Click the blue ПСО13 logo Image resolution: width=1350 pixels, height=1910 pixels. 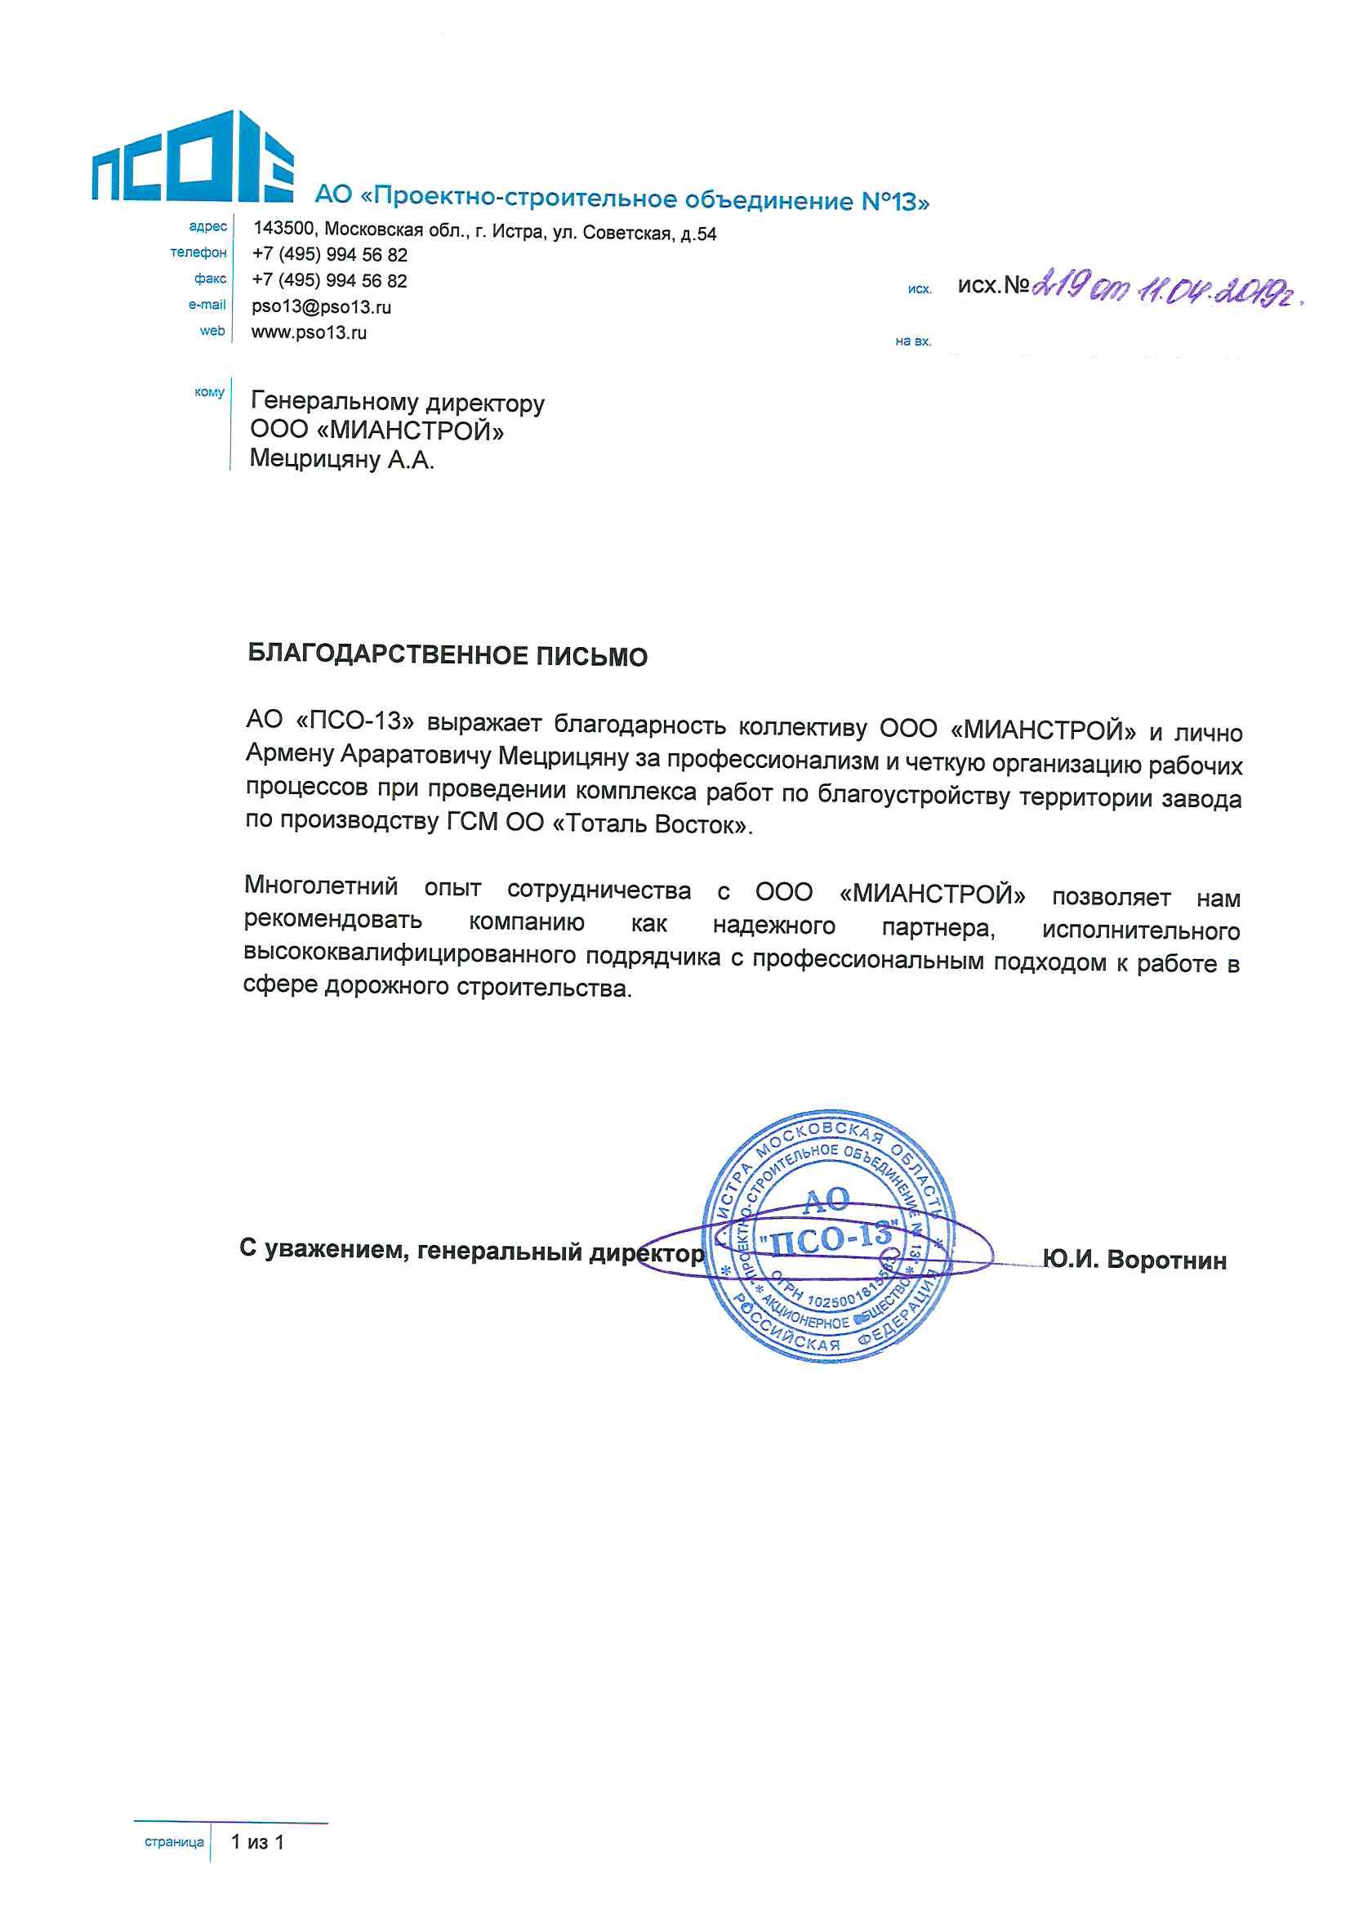coord(192,158)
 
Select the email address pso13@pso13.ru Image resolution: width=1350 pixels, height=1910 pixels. coord(321,307)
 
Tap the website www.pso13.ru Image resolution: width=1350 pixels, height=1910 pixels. coord(309,332)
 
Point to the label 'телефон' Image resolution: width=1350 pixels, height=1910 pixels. coord(198,253)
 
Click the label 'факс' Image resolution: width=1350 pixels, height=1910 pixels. coord(210,279)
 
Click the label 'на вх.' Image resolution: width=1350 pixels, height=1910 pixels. coord(912,341)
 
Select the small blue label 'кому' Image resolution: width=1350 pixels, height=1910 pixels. coord(209,392)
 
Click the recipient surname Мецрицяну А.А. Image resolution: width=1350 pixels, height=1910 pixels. coord(342,459)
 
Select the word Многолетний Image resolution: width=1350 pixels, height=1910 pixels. coord(321,885)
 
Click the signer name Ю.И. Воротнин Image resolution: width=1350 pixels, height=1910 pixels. coord(1134,1261)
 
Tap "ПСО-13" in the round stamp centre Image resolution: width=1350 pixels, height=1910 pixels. coord(829,1240)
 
